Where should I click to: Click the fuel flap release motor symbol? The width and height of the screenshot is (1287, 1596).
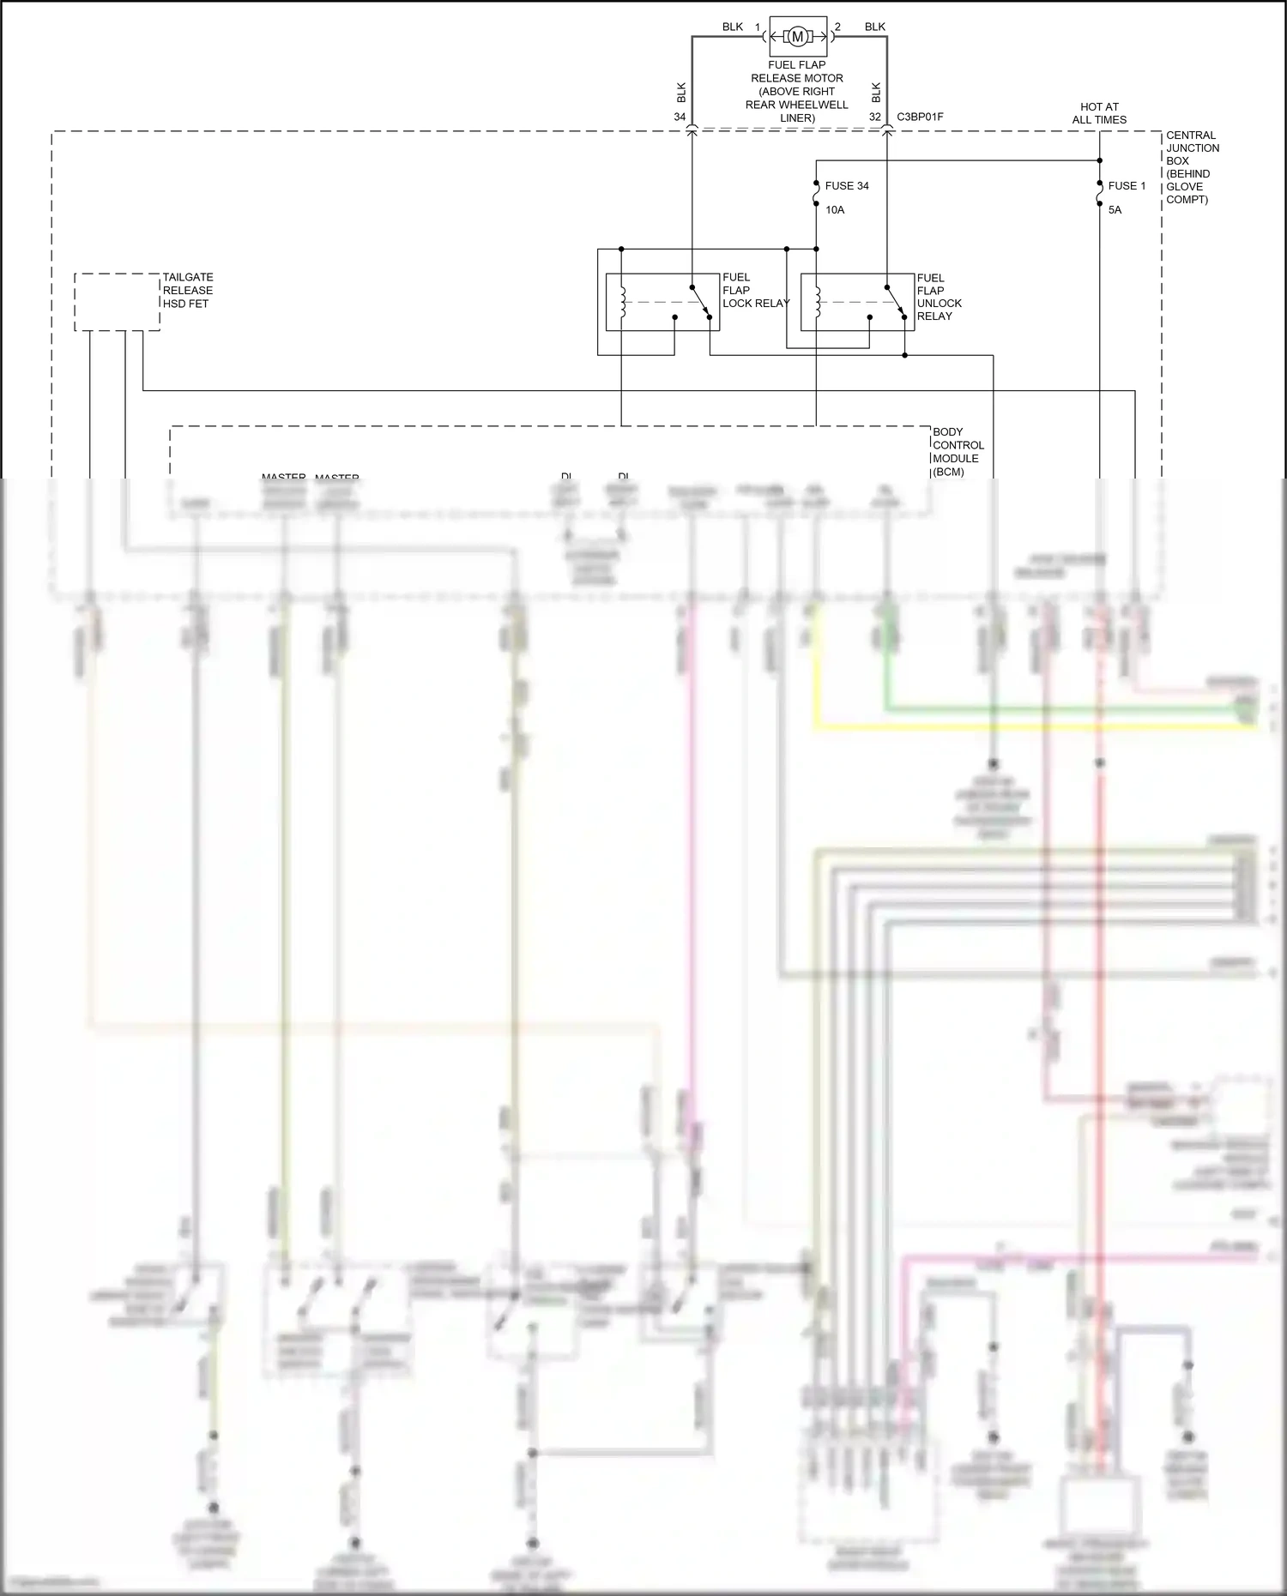point(798,36)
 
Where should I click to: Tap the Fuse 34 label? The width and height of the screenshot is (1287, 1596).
point(847,186)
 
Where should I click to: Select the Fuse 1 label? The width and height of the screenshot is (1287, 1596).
point(1127,186)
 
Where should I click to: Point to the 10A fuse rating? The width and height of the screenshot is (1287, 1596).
point(835,210)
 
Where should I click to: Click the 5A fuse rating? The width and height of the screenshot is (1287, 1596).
point(1115,210)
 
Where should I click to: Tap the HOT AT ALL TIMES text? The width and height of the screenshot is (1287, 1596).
point(1099,113)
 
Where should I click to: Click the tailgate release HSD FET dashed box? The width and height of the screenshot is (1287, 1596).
point(117,302)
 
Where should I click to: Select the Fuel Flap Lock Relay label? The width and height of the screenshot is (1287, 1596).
point(754,291)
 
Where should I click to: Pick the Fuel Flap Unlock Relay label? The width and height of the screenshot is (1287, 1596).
point(939,297)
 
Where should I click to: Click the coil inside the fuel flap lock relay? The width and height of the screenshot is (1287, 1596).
point(623,302)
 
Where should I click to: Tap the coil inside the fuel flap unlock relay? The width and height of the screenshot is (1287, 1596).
point(818,302)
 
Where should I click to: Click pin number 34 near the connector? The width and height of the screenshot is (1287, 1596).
point(680,117)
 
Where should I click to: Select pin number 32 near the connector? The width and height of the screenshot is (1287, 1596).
point(874,117)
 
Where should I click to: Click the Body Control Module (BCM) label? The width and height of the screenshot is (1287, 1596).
point(958,451)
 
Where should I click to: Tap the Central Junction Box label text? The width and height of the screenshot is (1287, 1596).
point(1192,167)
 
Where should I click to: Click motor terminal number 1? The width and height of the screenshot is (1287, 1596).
point(758,27)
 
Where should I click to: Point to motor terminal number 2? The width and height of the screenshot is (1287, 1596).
point(837,27)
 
